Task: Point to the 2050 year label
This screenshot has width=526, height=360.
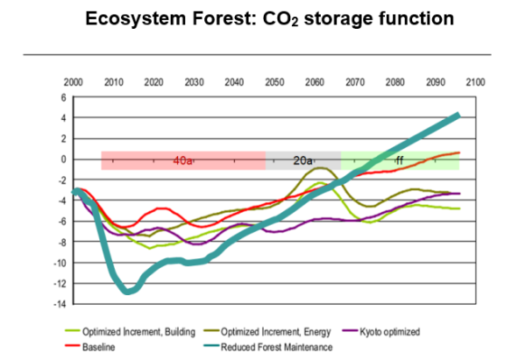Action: coord(274,81)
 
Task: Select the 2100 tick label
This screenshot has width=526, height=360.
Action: coord(476,81)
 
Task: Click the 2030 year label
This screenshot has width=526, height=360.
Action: coord(194,81)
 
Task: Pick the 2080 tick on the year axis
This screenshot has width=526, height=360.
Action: coord(395,81)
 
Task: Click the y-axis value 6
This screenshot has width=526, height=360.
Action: coord(63,97)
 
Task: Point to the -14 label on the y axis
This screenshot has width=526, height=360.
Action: coord(60,304)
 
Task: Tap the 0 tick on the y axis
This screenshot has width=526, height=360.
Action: coord(63,159)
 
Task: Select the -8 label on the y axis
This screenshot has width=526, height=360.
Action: coord(61,242)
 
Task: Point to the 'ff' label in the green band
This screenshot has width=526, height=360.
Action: coord(399,161)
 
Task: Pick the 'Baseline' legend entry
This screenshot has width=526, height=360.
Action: coord(100,347)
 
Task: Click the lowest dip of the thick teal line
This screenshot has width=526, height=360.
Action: coord(129,291)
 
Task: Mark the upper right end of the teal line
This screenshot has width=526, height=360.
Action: coord(458,115)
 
